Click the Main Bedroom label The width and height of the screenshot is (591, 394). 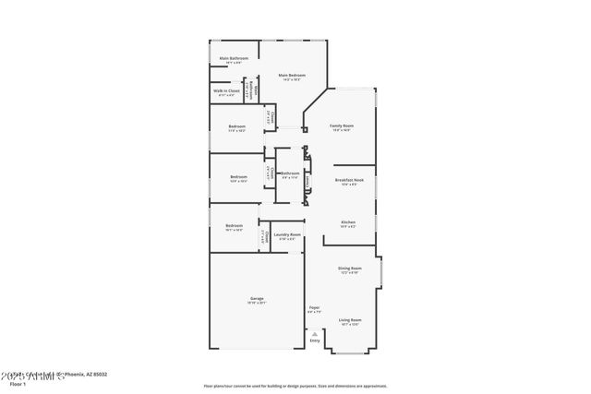click(x=292, y=76)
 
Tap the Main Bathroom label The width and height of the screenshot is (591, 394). click(x=233, y=59)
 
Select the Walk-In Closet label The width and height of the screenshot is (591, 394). click(x=226, y=90)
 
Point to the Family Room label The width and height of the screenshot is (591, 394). click(x=342, y=125)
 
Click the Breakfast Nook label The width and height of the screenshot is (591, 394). click(x=349, y=181)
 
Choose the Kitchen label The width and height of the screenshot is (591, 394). click(x=348, y=222)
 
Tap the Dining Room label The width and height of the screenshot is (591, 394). click(x=350, y=269)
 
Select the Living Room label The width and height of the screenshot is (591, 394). click(x=350, y=320)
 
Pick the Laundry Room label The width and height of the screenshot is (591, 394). click(x=290, y=235)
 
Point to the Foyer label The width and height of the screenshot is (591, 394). click(x=314, y=307)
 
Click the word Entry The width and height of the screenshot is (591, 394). click(x=315, y=341)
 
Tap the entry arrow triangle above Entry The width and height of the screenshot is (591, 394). click(x=315, y=333)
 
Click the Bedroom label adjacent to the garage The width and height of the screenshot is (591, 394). click(x=234, y=225)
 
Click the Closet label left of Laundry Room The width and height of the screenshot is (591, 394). click(x=264, y=239)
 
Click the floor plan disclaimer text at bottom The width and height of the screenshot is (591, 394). click(x=295, y=386)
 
